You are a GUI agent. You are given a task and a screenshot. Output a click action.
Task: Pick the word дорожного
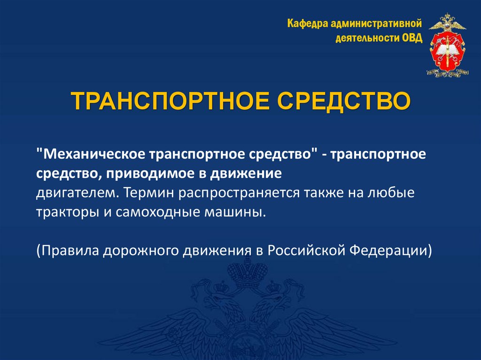pyautogui.click(x=140, y=250)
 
